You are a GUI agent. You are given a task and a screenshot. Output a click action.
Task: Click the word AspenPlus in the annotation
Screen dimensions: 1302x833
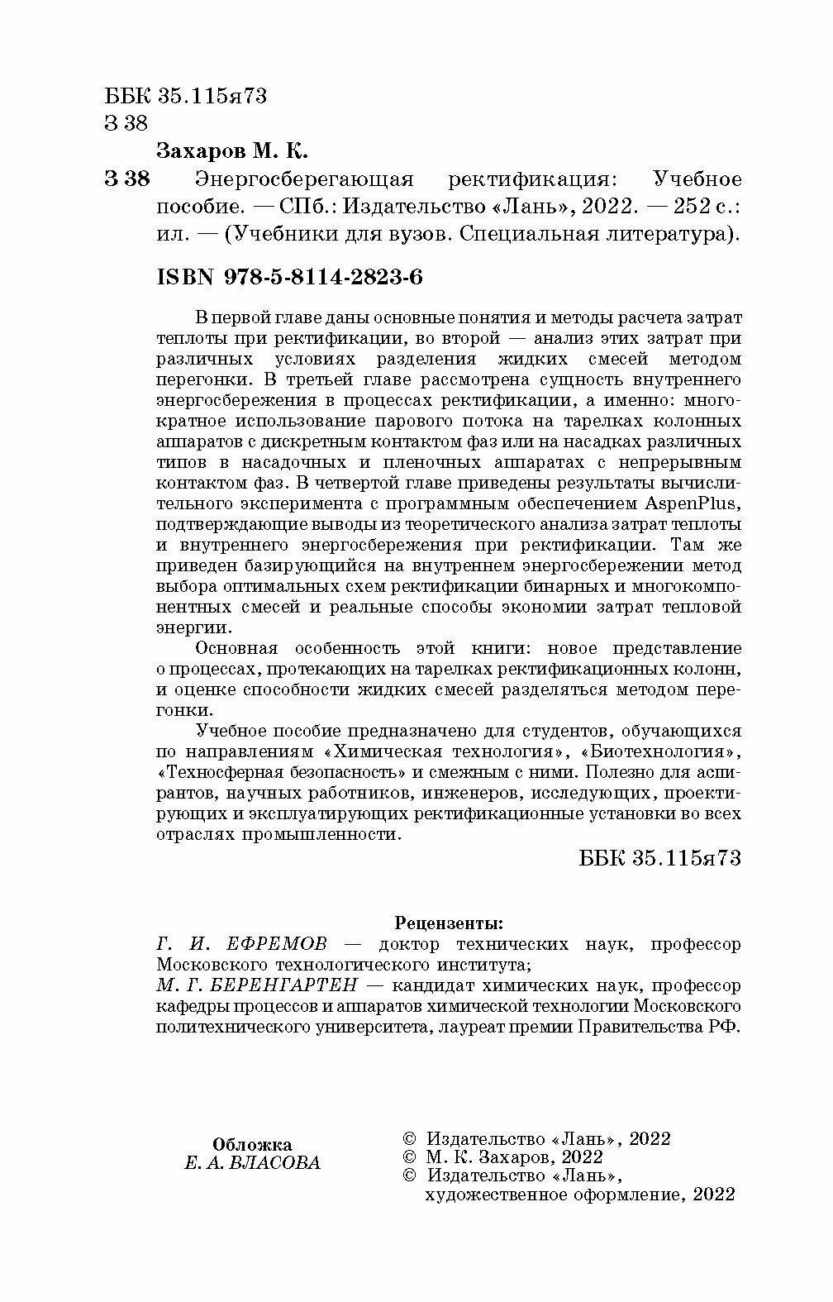[696, 503]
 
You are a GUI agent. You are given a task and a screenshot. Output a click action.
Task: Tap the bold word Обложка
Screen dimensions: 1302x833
[252, 1145]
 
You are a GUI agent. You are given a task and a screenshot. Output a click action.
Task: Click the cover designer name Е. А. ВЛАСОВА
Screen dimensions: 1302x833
[251, 1163]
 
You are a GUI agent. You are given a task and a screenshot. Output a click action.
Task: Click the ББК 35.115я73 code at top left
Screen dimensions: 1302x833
[186, 96]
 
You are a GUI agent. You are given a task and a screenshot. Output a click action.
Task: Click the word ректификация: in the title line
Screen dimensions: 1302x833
[535, 179]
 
